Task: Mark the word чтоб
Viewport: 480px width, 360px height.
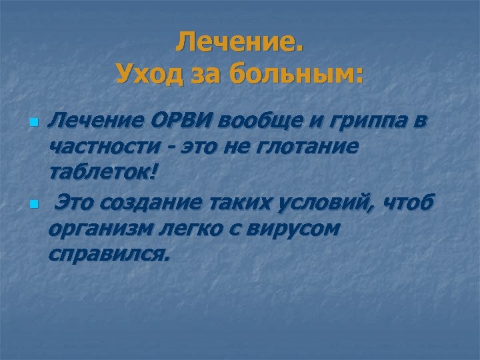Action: (x=411, y=201)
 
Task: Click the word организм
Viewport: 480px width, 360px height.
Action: (x=98, y=229)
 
